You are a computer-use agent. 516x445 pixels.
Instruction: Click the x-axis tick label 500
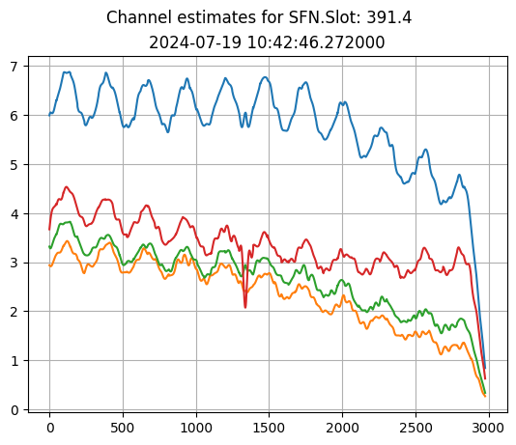tap(123, 428)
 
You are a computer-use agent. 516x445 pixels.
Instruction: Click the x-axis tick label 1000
tap(196, 428)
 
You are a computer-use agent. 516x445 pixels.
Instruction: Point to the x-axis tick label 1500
tap(270, 428)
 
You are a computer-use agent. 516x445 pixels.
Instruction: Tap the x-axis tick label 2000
tap(343, 428)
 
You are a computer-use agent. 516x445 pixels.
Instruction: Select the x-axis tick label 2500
tap(416, 428)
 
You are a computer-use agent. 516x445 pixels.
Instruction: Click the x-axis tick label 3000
tap(489, 428)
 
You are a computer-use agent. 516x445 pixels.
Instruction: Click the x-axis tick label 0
tap(49, 428)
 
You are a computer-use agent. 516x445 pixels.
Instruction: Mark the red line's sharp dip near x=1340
tap(245, 307)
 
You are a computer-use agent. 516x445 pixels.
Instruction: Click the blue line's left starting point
tap(49, 115)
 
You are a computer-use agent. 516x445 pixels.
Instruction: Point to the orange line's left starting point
tap(49, 265)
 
